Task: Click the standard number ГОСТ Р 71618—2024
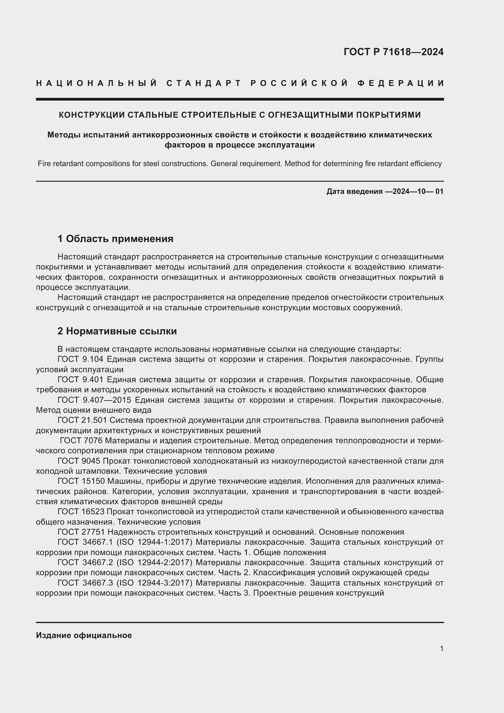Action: point(393,52)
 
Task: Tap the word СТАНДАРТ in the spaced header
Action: point(204,83)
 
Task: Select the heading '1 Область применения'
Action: point(115,239)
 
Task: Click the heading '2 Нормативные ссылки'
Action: point(117,331)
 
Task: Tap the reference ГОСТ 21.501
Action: point(82,420)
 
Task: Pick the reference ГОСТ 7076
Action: point(81,440)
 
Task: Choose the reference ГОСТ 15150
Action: point(82,481)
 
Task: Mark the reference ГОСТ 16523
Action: point(82,512)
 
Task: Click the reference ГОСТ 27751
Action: point(82,532)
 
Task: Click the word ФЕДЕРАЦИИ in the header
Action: point(401,83)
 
